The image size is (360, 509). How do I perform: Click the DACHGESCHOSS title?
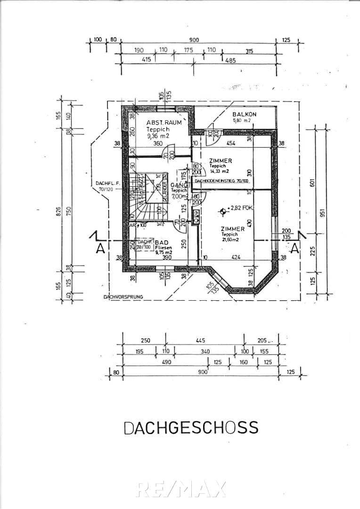tap(191, 427)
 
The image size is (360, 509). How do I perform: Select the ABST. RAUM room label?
tap(151, 122)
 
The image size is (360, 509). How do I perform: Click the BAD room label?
tap(164, 242)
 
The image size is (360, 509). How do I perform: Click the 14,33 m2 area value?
tap(220, 171)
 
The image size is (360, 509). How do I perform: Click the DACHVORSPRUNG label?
tap(123, 297)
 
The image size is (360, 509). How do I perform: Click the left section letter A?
tap(100, 248)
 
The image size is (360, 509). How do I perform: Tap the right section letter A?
tap(295, 248)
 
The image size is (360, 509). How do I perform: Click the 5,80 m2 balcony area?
tap(242, 121)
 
